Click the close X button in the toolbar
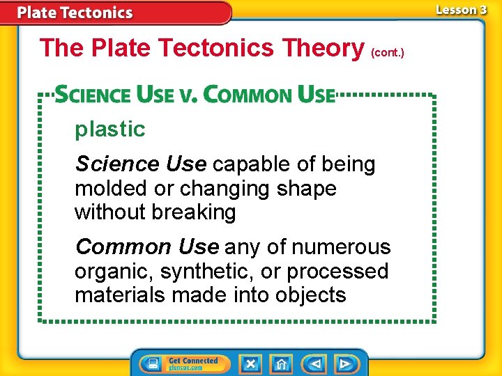click(x=250, y=363)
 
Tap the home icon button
click(x=281, y=363)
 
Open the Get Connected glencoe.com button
click(x=193, y=363)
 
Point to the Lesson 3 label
click(x=461, y=10)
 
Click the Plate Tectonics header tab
click(x=75, y=13)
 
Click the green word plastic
click(x=110, y=129)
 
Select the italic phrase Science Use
click(x=141, y=164)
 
